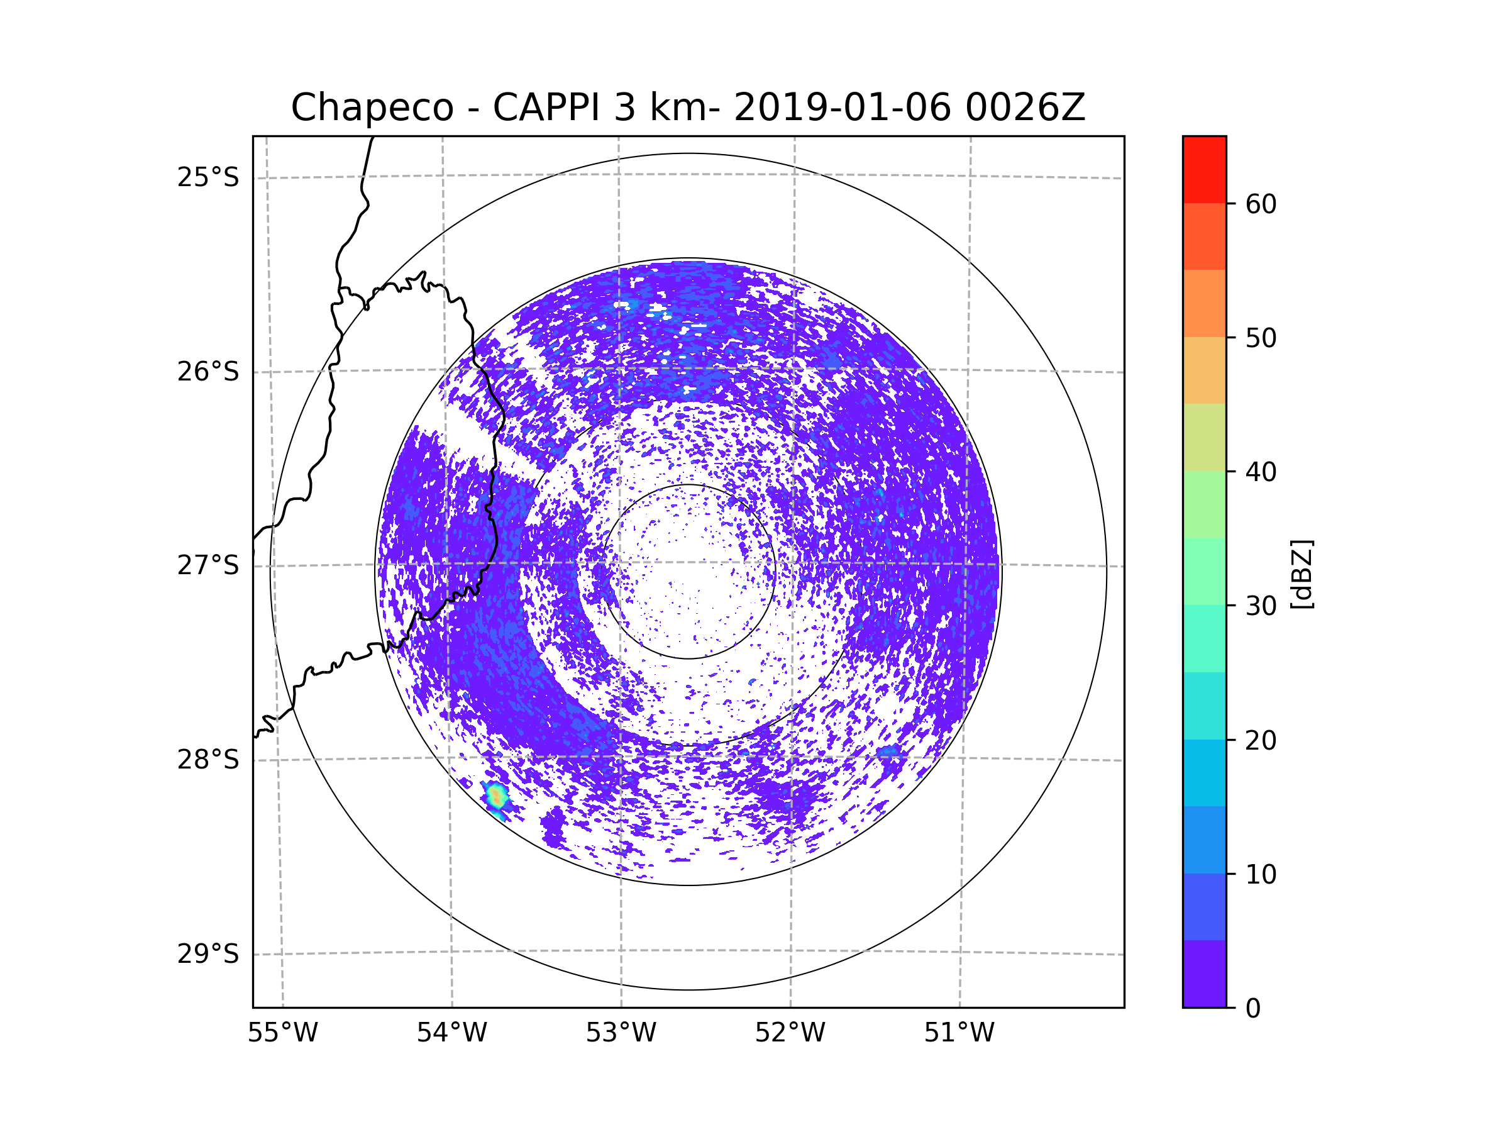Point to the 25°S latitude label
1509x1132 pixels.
coord(208,177)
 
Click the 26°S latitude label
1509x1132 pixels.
coord(208,372)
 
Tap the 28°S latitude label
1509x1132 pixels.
coord(208,760)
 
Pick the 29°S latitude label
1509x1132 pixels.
coord(208,954)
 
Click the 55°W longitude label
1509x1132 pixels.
coord(282,1033)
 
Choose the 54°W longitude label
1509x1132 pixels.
coord(451,1033)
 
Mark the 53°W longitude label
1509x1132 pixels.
coord(621,1033)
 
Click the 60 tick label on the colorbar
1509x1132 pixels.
coord(1261,204)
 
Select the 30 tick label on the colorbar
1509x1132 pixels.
coord(1261,606)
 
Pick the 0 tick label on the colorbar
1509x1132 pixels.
coord(1253,1009)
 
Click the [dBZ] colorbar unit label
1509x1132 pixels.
coord(1302,575)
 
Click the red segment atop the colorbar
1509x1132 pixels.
coord(1204,169)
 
